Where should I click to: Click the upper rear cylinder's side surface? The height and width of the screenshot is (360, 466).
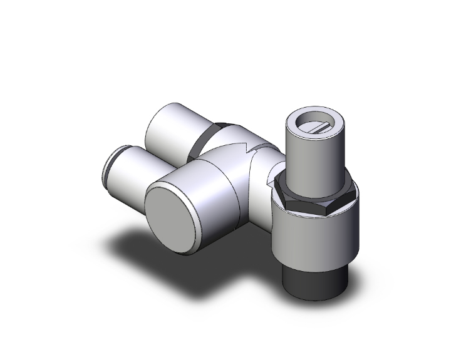tap(169, 128)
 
